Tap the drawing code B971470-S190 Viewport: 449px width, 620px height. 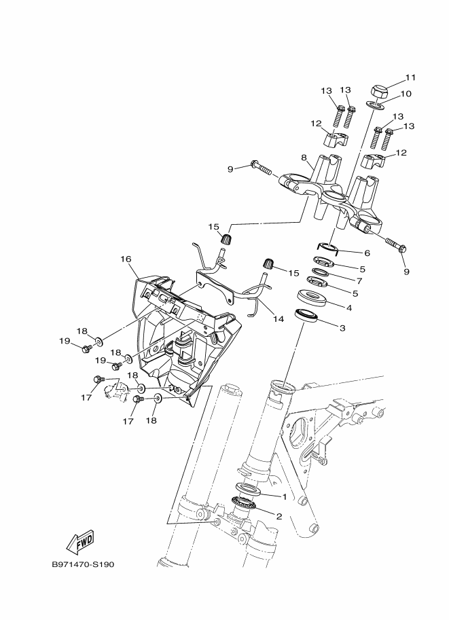click(83, 564)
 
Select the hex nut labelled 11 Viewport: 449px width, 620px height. click(378, 92)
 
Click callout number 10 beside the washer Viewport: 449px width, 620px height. click(406, 94)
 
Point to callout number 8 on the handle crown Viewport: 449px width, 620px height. click(304, 158)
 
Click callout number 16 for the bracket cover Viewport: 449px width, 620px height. click(126, 259)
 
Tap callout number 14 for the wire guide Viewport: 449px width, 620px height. click(279, 318)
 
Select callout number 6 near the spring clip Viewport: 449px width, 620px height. click(367, 253)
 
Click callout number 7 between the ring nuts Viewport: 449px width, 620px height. click(359, 281)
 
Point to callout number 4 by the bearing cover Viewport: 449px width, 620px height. click(349, 307)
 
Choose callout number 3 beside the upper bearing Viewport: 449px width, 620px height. click(342, 328)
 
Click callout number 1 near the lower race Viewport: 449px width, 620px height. click(284, 496)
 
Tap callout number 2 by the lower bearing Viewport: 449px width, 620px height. click(279, 516)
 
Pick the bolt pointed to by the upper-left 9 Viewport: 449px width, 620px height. click(261, 168)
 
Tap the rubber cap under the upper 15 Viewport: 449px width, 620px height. click(227, 239)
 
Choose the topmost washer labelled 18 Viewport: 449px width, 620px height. click(98, 340)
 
